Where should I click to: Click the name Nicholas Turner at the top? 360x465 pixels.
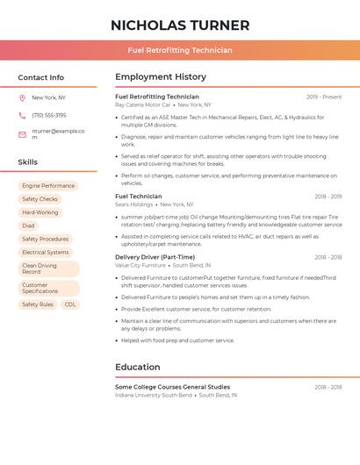(180, 25)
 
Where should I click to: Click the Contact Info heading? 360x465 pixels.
(40, 77)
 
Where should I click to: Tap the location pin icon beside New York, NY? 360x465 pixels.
(22, 97)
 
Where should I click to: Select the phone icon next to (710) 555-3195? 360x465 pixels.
(22, 115)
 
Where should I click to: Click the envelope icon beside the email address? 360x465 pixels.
(22, 134)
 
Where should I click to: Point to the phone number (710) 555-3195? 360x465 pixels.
(49, 115)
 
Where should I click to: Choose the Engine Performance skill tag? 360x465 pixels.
(48, 186)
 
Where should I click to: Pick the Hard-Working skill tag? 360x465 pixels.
(40, 212)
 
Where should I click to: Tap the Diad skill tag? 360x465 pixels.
(28, 225)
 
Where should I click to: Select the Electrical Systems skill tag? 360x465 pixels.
(45, 252)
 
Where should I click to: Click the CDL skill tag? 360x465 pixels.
(70, 304)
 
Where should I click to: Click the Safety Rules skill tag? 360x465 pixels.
(38, 304)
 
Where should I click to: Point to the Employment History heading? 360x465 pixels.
(161, 77)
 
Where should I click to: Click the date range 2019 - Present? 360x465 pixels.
(324, 97)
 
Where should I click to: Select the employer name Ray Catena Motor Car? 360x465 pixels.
(143, 104)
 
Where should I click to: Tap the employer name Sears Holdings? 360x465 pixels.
(134, 204)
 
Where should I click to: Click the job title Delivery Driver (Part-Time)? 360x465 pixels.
(154, 257)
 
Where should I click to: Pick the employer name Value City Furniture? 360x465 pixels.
(140, 265)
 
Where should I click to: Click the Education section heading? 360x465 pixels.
(138, 367)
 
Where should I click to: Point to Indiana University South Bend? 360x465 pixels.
(154, 395)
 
